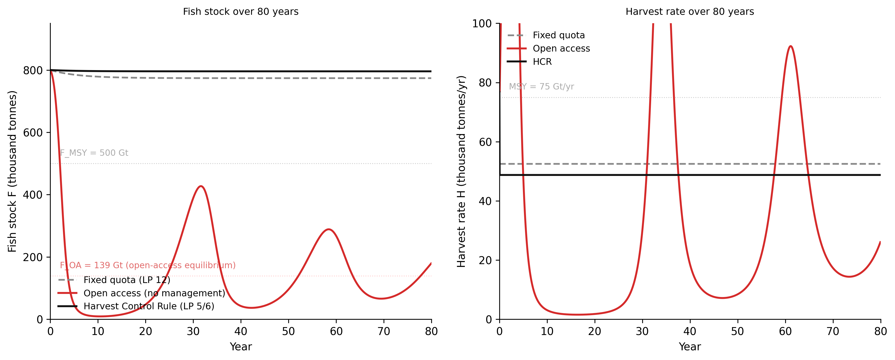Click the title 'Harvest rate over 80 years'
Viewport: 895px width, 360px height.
coord(690,11)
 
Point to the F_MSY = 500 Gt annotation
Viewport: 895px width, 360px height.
coord(94,153)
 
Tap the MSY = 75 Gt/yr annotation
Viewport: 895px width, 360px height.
coord(541,86)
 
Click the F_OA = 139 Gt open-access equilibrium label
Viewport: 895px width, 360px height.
coord(148,265)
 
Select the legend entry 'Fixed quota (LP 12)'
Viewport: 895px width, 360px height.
coord(127,280)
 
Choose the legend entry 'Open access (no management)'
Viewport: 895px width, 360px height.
coord(154,293)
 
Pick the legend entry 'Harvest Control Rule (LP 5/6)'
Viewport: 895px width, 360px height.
coord(149,306)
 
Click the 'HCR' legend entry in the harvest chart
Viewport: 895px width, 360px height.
coord(542,62)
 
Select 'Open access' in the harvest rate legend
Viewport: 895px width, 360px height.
coord(561,49)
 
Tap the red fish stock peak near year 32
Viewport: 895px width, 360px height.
coord(201,186)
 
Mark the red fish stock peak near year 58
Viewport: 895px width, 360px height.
coord(328,229)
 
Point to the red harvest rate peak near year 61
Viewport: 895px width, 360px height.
coord(791,46)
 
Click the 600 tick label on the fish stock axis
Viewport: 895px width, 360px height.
coord(33,133)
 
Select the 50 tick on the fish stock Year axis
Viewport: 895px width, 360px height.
coord(288,331)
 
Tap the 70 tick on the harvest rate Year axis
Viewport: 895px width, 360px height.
coord(833,331)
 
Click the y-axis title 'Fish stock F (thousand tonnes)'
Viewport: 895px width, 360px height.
coord(12,171)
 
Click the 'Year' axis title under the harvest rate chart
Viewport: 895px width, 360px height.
coord(690,347)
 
